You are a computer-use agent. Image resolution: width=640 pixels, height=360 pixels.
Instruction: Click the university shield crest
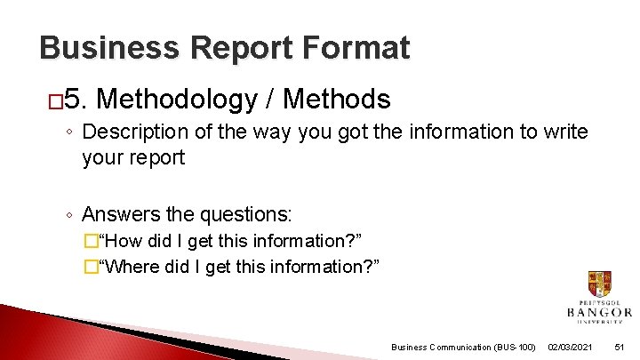pyautogui.click(x=599, y=284)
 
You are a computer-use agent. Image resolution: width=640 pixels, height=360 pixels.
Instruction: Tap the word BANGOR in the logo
pyautogui.click(x=599, y=312)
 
